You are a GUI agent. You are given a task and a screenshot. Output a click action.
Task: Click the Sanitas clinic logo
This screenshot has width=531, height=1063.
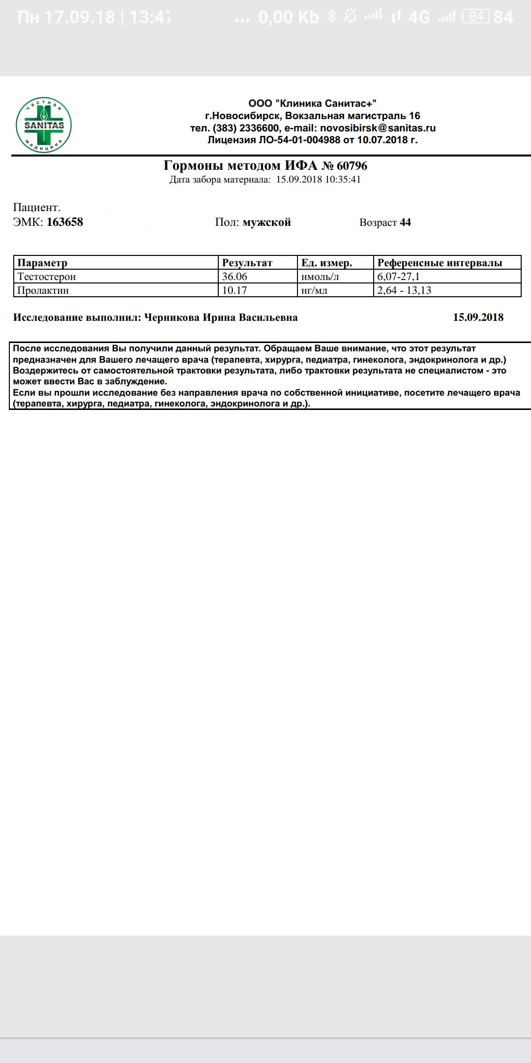coord(44,125)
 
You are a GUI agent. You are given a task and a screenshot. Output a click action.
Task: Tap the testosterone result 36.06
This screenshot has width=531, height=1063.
coord(235,277)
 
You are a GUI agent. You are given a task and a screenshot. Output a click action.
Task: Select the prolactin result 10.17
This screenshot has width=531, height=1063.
coord(235,290)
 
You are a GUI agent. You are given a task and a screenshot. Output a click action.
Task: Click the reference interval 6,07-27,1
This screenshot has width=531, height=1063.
coord(398,277)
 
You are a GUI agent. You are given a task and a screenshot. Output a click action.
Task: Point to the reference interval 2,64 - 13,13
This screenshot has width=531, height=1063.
coord(404,290)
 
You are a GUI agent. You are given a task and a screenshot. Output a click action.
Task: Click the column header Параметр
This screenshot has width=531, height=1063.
coord(42,263)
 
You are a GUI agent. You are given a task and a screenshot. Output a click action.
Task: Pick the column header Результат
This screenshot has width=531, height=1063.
coord(247,263)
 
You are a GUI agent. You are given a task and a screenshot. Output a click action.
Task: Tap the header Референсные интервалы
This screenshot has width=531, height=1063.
coord(440,263)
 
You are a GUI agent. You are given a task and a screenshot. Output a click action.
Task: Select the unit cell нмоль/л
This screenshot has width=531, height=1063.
coord(320,277)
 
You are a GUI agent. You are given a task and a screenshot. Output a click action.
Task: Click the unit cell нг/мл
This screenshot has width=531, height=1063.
coord(314,290)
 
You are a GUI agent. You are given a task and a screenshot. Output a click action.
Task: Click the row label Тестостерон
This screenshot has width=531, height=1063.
coord(47,277)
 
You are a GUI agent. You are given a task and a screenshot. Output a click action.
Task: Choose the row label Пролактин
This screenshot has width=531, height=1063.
coord(43,290)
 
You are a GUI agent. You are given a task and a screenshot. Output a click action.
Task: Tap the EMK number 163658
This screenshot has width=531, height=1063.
coord(65,222)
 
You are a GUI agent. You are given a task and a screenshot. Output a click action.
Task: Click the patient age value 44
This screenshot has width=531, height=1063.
coord(405,222)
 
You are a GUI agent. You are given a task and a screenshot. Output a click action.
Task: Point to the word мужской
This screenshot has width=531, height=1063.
coord(266,222)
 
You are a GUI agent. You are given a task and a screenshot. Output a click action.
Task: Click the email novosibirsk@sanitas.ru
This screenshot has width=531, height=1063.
coord(378,128)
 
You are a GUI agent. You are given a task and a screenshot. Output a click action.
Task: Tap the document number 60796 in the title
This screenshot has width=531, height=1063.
coord(352,166)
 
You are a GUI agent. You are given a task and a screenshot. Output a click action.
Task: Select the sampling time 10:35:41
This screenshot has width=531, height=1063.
coord(343,180)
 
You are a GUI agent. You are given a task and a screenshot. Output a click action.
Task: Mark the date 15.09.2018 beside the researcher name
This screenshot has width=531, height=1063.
coord(478,317)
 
